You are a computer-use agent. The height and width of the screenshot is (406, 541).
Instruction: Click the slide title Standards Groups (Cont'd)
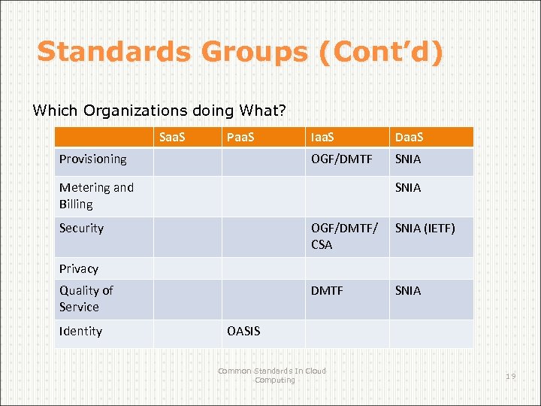(x=240, y=52)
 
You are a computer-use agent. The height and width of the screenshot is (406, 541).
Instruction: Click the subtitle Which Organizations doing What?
(x=159, y=111)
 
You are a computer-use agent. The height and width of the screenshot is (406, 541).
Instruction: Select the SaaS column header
(x=172, y=138)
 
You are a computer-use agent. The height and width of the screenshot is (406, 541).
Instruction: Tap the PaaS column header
(x=240, y=138)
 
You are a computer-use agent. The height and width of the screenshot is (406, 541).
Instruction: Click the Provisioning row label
(x=93, y=159)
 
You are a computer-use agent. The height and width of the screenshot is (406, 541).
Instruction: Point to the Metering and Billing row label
(x=96, y=195)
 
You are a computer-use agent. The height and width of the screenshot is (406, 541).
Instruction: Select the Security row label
(x=81, y=228)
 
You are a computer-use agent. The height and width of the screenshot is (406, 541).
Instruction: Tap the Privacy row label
(x=79, y=268)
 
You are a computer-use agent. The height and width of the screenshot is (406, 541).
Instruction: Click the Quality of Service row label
(x=86, y=298)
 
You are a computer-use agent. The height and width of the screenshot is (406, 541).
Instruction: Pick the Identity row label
(x=80, y=331)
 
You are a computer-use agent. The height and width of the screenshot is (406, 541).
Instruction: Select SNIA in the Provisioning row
(x=408, y=159)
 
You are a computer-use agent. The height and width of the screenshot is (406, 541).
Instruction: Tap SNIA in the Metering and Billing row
(x=408, y=187)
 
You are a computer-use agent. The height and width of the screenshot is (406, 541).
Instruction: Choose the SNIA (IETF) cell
(x=425, y=228)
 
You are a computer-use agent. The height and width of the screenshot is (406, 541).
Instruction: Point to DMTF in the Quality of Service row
(x=327, y=290)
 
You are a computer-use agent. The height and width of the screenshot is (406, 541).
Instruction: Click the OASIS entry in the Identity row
(x=243, y=331)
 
